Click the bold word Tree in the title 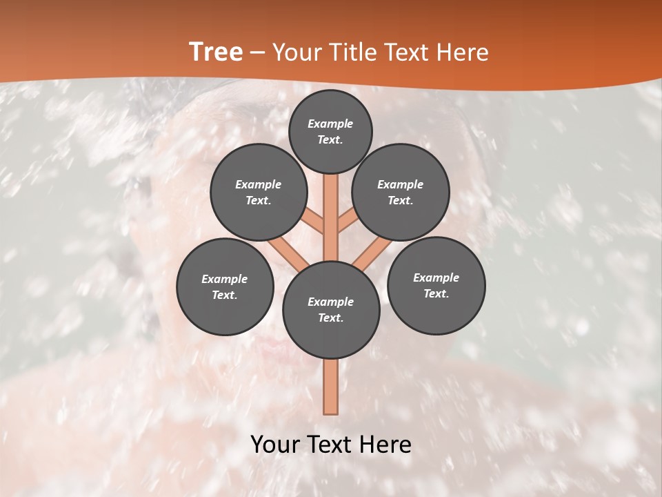[216, 52]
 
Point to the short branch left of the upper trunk [314, 222]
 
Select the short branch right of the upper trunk [347, 221]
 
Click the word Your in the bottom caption [275, 445]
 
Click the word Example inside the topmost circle [330, 124]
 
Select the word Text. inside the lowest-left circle [225, 295]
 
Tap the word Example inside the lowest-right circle [436, 277]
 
